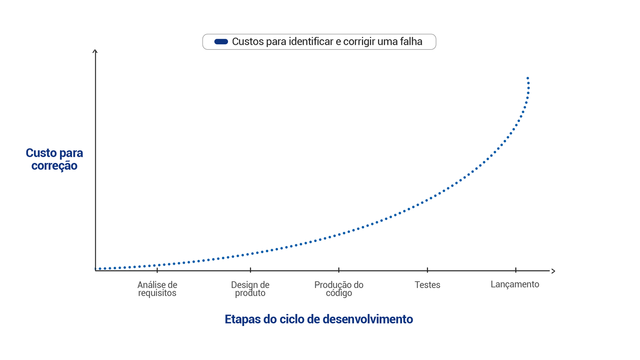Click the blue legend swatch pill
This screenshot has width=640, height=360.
click(221, 42)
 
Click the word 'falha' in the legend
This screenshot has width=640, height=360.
click(411, 42)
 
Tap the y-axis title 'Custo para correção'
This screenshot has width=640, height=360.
click(54, 159)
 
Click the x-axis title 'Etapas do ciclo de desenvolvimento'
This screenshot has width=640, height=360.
click(319, 319)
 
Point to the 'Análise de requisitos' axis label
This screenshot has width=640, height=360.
click(157, 289)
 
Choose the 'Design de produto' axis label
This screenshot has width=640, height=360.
click(250, 289)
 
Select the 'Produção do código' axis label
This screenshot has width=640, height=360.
click(339, 289)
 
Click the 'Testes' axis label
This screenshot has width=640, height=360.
click(427, 285)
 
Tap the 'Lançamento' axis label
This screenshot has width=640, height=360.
click(515, 284)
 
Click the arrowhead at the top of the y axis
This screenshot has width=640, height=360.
click(95, 51)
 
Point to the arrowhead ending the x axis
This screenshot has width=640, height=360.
click(553, 271)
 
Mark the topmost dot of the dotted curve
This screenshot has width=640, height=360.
click(528, 78)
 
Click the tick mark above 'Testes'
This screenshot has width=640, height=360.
click(428, 270)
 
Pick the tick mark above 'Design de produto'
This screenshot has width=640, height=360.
click(250, 270)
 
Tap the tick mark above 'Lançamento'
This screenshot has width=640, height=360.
click(516, 270)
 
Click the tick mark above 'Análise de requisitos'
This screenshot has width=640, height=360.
click(157, 270)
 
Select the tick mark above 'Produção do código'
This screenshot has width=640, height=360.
click(339, 270)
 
